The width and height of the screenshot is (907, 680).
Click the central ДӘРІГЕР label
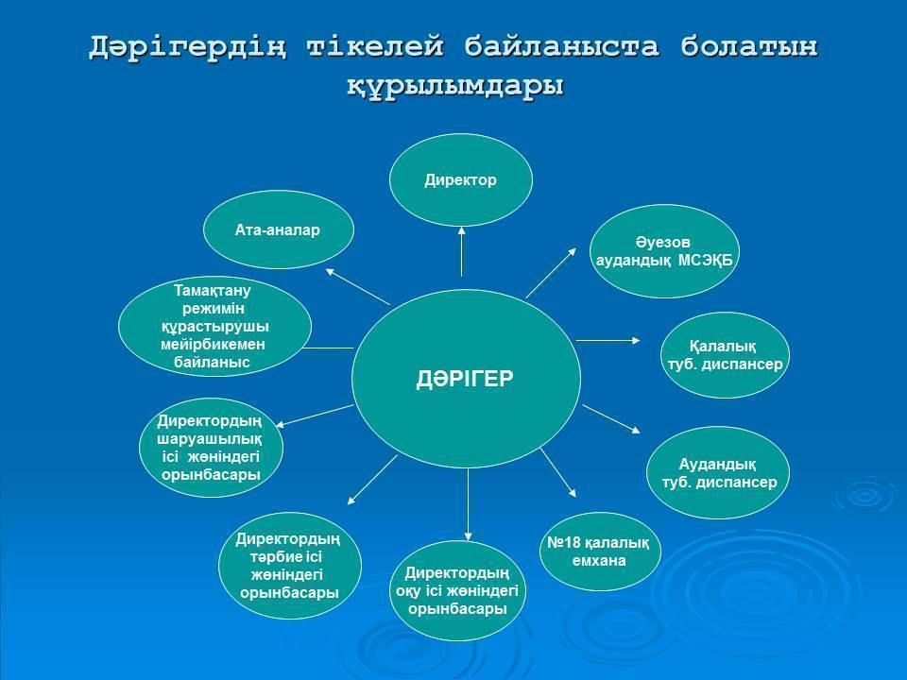465,380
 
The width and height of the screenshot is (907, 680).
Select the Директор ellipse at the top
460,179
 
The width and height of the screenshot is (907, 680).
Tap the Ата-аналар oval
278,229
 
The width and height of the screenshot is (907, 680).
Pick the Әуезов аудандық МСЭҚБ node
664,251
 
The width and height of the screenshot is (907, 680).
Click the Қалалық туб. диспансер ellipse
725,355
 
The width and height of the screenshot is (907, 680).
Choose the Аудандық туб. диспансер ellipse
718,473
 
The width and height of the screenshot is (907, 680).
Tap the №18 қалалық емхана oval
599,552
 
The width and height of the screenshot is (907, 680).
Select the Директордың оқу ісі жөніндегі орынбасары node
457,591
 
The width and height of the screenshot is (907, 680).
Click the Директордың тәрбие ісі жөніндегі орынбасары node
290,566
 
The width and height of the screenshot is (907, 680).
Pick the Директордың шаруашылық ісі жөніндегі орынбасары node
211,448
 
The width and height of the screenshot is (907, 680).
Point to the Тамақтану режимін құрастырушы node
214,326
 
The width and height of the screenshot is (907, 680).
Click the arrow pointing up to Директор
462,251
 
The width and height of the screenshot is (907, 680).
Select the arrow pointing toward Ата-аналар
358,286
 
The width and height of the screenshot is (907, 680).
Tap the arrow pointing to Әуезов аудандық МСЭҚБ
551,273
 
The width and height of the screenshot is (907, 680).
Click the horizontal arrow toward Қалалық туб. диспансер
608,341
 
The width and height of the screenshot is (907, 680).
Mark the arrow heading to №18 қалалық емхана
558,473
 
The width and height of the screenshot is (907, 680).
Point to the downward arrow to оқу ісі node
468,504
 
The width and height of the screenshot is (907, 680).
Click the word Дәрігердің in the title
187,47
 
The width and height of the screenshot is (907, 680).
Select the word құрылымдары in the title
455,86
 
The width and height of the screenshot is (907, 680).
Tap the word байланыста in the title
561,46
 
